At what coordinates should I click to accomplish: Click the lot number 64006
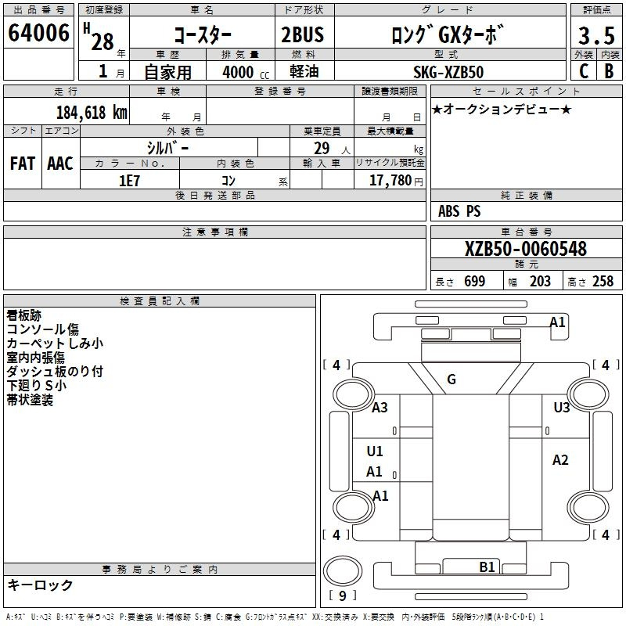click(38, 33)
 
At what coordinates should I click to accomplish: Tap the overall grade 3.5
click(596, 35)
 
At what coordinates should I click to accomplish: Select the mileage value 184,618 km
click(92, 113)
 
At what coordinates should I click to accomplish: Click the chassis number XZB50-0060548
click(526, 249)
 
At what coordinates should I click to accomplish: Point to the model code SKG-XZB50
click(448, 72)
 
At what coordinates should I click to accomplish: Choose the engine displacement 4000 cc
click(246, 72)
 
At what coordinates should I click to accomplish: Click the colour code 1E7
click(129, 181)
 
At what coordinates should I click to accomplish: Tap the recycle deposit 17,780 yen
click(396, 181)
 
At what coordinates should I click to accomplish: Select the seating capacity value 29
click(322, 149)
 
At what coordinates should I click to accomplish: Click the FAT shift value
click(23, 164)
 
